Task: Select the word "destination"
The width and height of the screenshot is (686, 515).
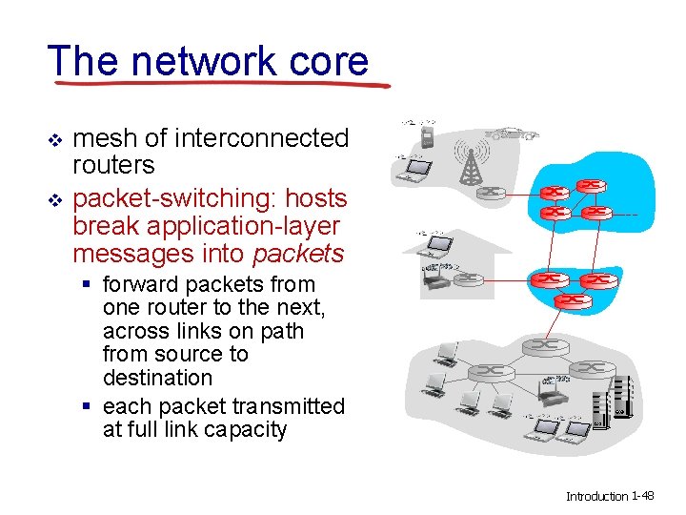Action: [157, 378]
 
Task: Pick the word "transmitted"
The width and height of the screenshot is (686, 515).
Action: [287, 406]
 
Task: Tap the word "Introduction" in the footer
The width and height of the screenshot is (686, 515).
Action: [597, 496]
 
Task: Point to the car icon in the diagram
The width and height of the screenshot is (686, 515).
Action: [513, 134]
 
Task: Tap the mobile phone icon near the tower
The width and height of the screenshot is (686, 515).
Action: [428, 139]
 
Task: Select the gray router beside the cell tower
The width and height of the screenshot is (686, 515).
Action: [492, 192]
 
